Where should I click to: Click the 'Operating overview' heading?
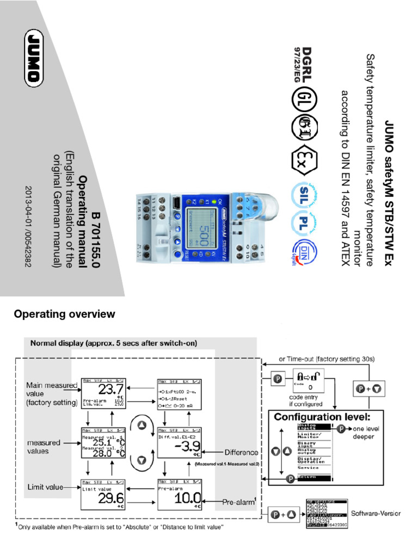click(x=64, y=314)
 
